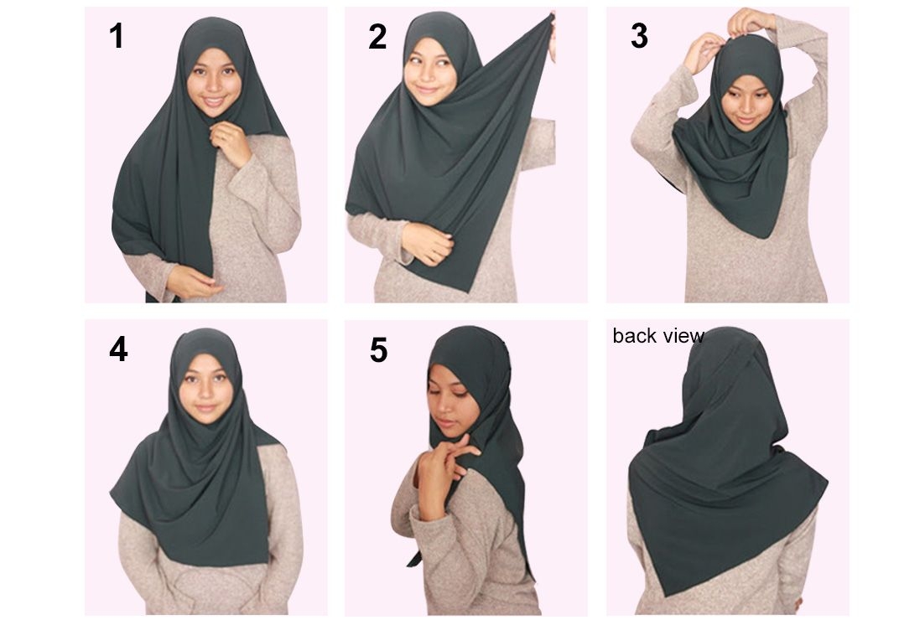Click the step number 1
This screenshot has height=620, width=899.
pyautogui.click(x=117, y=35)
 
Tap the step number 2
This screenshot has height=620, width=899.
pyautogui.click(x=377, y=37)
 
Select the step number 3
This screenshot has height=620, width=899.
pyautogui.click(x=639, y=36)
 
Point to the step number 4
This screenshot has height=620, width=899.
pyautogui.click(x=118, y=349)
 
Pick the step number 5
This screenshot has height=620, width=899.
pyautogui.click(x=378, y=349)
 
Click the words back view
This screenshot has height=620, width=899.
pyautogui.click(x=658, y=336)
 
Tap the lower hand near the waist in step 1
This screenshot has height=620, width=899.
pyautogui.click(x=192, y=282)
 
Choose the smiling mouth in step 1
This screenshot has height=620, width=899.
pyautogui.click(x=213, y=101)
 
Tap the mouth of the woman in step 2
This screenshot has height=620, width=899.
pyautogui.click(x=425, y=90)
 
